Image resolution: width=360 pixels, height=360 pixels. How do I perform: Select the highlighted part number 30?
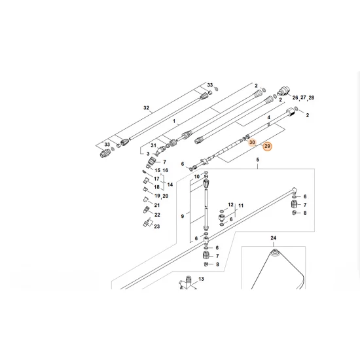tap(251, 141)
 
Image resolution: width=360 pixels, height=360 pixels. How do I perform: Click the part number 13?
tap(202, 279)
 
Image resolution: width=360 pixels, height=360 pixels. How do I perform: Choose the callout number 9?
tap(183, 216)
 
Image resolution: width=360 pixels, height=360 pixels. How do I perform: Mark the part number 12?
tap(230, 204)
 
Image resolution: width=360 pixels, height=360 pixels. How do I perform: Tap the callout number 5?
tap(257, 160)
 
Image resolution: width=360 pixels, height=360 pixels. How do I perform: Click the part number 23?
tap(157, 226)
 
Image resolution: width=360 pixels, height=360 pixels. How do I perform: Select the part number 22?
tap(157, 214)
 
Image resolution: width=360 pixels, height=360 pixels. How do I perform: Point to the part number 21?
tap(157, 205)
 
